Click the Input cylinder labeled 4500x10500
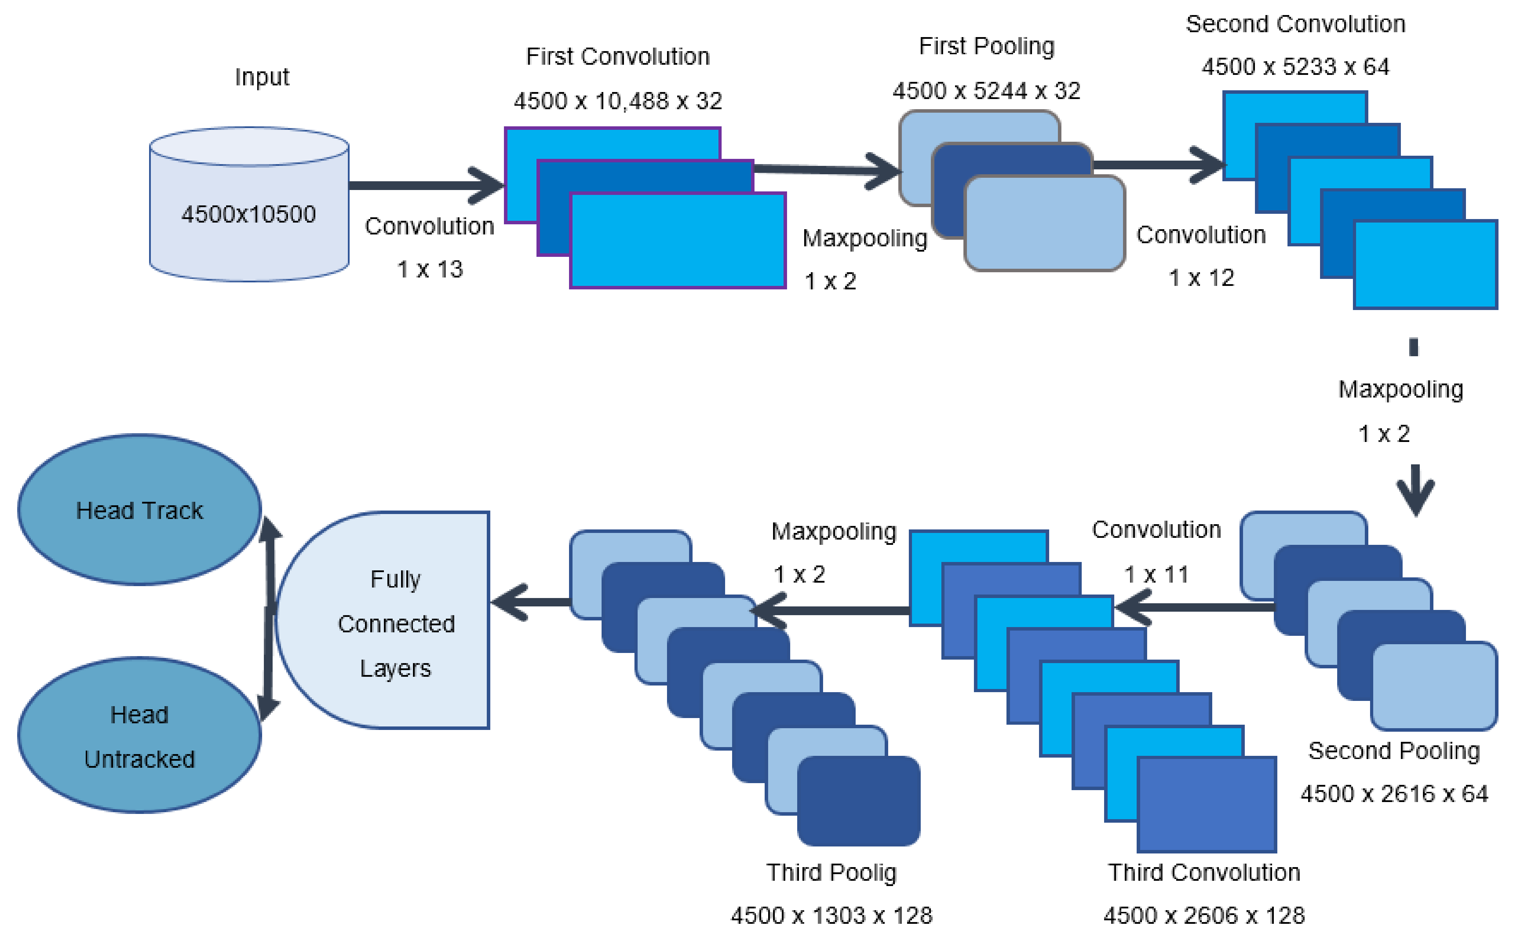tap(248, 206)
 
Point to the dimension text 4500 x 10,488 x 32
tap(617, 101)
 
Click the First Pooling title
tap(987, 46)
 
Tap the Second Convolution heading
tap(1295, 24)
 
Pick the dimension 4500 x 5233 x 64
tap(1295, 67)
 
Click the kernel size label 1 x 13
tap(430, 269)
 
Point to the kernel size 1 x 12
tap(1201, 278)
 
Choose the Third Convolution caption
tap(1203, 872)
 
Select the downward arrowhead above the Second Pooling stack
tap(1415, 498)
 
